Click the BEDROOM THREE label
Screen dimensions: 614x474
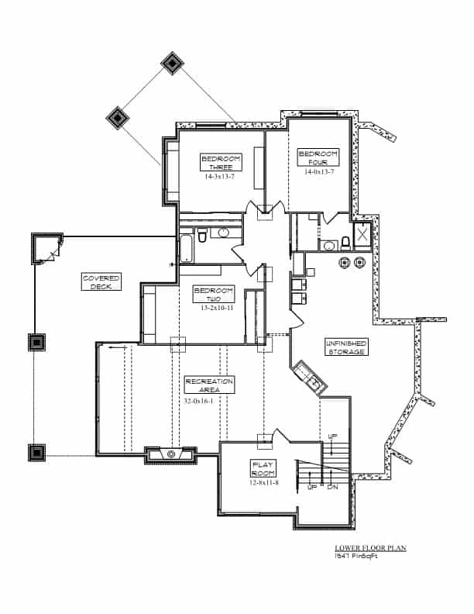221,162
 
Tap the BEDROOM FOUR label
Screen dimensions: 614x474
318,157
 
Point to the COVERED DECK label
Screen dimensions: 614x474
101,281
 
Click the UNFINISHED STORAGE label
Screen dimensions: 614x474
346,347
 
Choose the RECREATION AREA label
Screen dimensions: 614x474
209,385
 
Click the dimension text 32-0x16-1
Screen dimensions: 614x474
199,401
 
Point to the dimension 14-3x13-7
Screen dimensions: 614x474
221,177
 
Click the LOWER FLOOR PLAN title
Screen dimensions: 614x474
364,548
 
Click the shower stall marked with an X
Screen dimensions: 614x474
362,235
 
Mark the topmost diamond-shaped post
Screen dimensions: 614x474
170,63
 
